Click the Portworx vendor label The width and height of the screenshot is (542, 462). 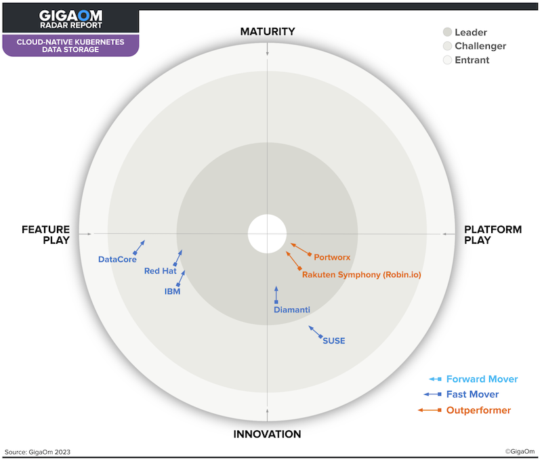332,257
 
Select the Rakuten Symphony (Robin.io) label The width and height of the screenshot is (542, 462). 362,275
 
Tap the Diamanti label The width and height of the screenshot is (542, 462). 292,310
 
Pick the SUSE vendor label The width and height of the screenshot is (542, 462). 333,341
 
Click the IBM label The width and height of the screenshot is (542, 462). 172,291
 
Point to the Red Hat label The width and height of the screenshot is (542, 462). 161,271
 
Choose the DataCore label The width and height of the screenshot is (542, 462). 117,259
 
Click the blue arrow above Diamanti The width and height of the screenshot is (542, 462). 276,295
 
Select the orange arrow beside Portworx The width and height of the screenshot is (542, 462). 301,249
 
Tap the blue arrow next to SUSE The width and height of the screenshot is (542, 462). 316,332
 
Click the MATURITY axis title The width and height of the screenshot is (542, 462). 268,31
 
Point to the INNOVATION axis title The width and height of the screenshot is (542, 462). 267,434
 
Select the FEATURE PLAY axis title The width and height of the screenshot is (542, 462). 45,234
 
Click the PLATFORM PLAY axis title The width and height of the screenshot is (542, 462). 493,234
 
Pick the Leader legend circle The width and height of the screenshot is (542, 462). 448,32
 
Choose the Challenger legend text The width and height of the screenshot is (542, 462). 480,46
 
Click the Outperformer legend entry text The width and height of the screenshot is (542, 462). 478,410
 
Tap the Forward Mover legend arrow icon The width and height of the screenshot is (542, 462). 435,379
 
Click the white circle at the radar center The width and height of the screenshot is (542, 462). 267,234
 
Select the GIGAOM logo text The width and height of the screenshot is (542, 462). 70,16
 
